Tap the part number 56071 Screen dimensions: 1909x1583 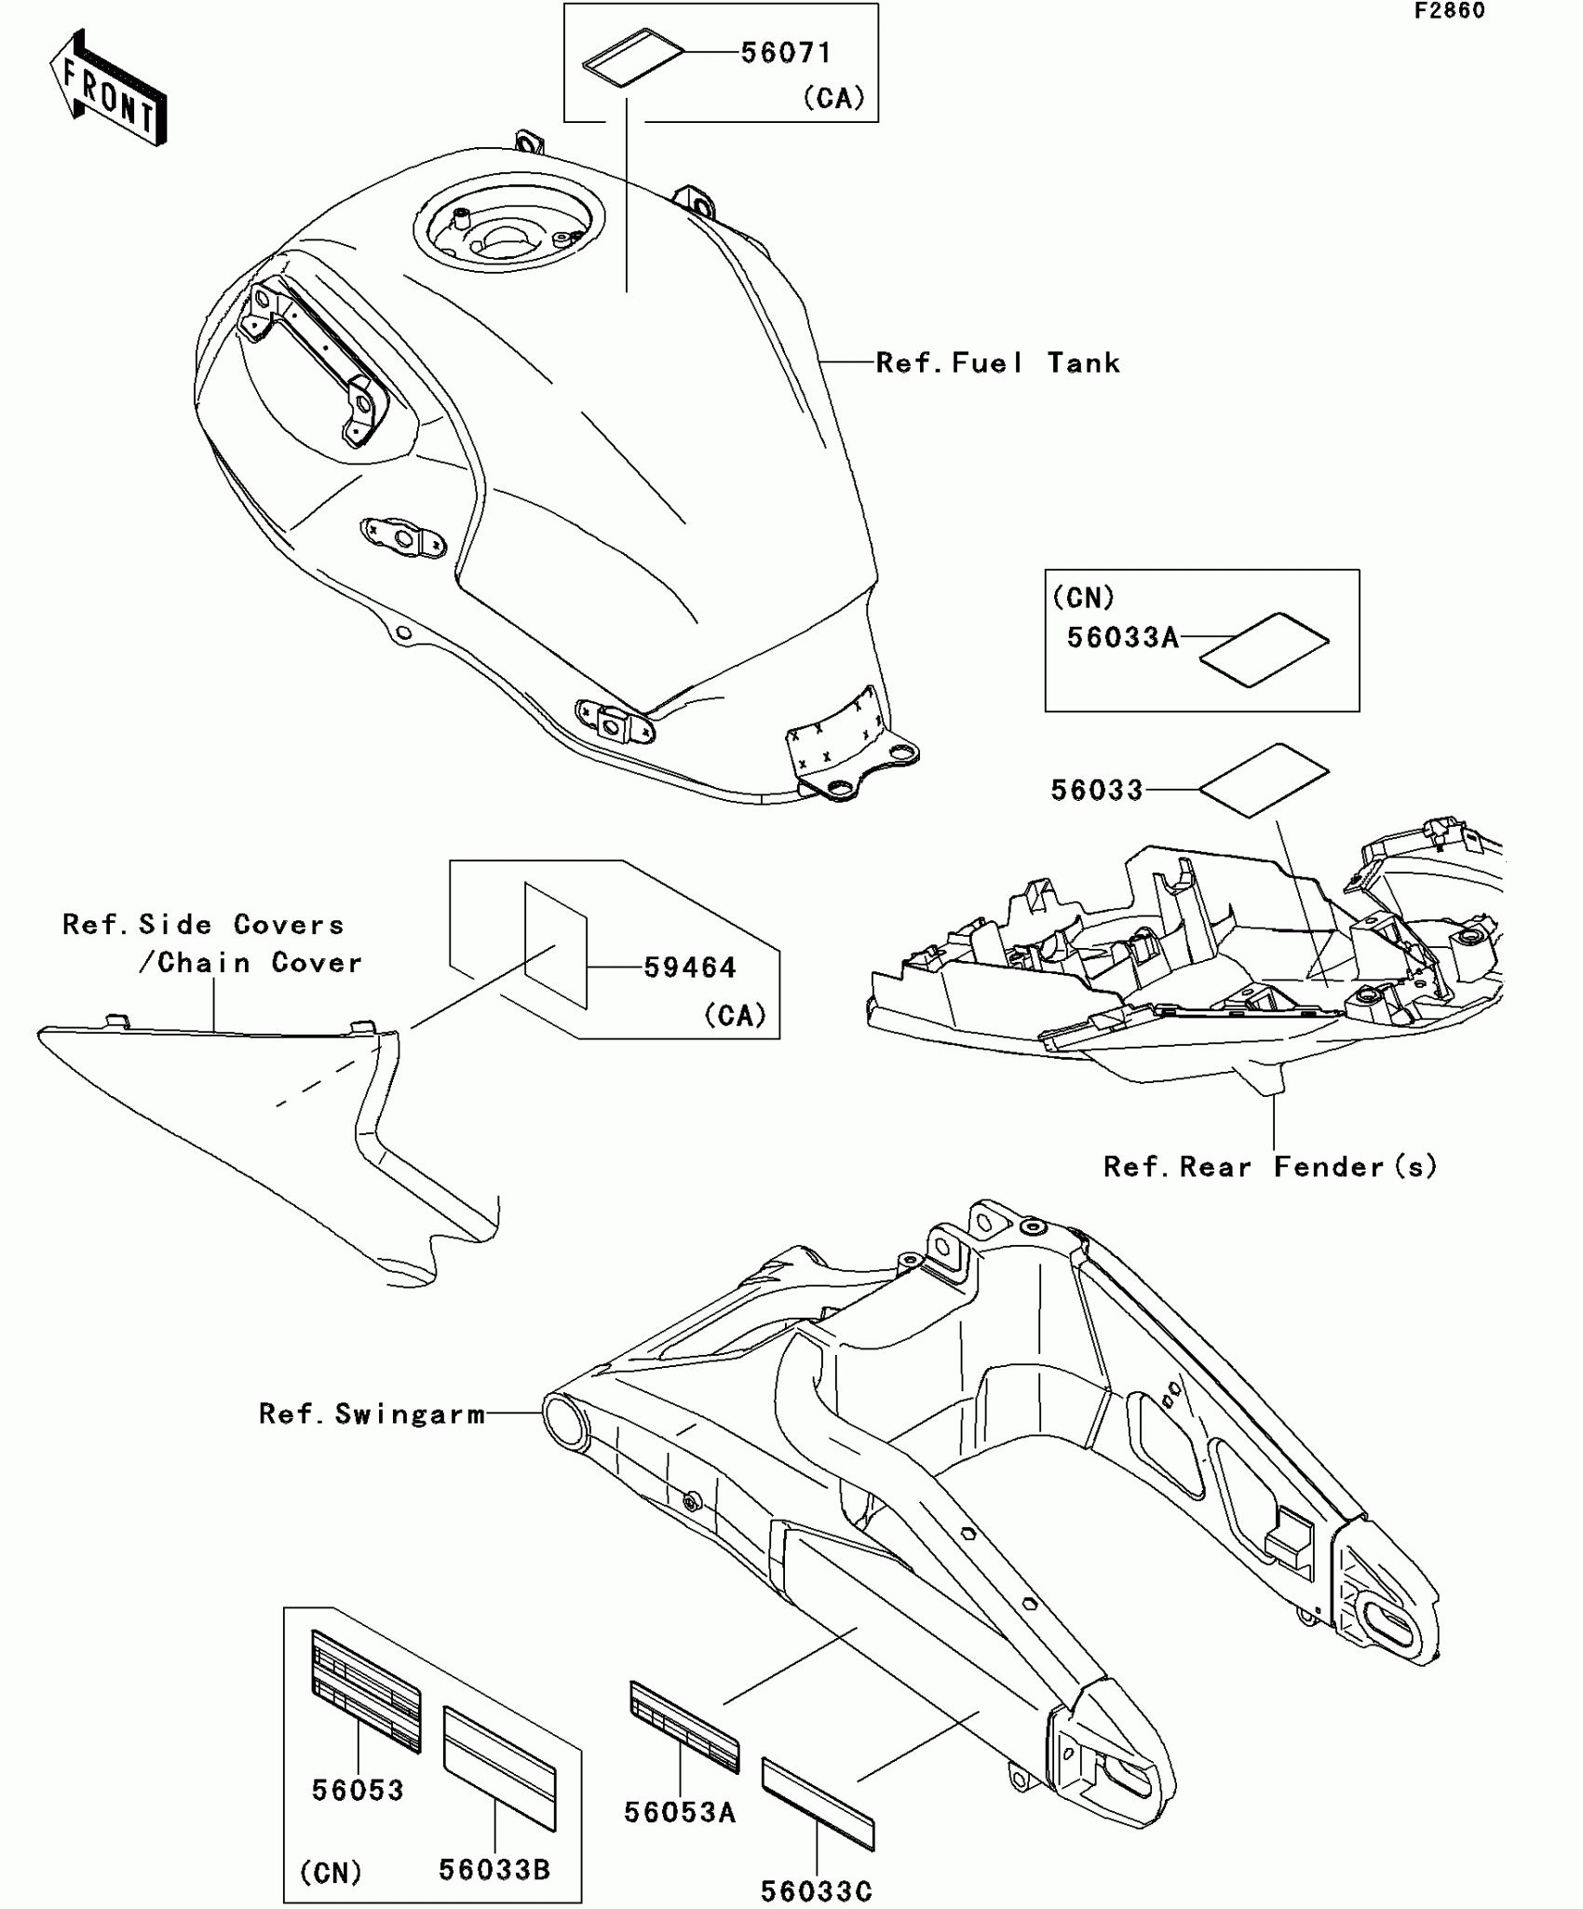click(x=785, y=53)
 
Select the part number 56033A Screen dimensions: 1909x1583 click(x=1122, y=638)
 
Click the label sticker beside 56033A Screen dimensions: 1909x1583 click(x=1264, y=649)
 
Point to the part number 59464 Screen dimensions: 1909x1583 click(x=690, y=968)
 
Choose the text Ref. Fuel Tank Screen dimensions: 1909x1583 click(x=997, y=363)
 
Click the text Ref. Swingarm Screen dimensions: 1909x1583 click(x=372, y=1414)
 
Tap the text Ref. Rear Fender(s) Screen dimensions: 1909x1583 click(x=1270, y=1166)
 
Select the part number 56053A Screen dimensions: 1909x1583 click(x=680, y=1811)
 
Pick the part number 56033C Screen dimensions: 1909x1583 click(x=816, y=1890)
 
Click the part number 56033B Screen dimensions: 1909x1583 click(x=494, y=1869)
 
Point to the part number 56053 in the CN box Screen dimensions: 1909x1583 click(x=358, y=1790)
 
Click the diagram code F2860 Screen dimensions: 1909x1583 click(x=1450, y=11)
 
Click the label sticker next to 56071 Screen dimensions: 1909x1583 click(x=632, y=61)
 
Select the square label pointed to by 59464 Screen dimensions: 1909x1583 click(x=556, y=945)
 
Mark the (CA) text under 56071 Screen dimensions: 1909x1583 click(x=833, y=98)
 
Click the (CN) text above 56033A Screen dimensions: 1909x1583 click(x=1083, y=597)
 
